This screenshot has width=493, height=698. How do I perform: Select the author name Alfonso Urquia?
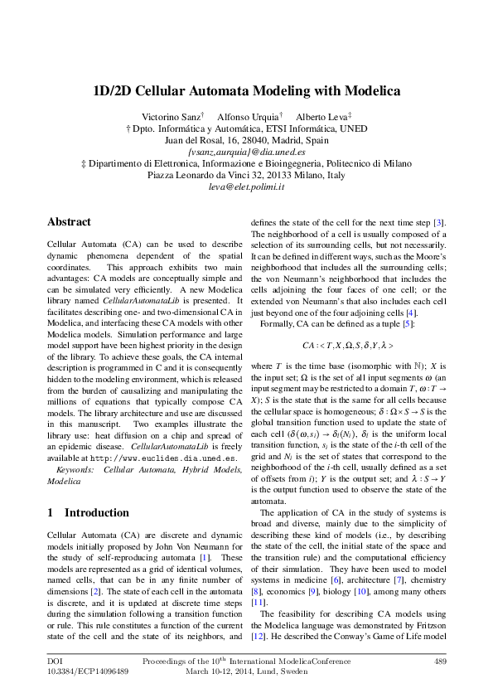coord(249,117)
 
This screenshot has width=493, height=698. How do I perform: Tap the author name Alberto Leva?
coord(321,117)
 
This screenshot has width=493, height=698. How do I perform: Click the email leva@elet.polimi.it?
coord(246,188)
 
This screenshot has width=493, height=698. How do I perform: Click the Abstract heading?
coord(70,222)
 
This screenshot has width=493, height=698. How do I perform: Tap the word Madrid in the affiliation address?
coord(311,141)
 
